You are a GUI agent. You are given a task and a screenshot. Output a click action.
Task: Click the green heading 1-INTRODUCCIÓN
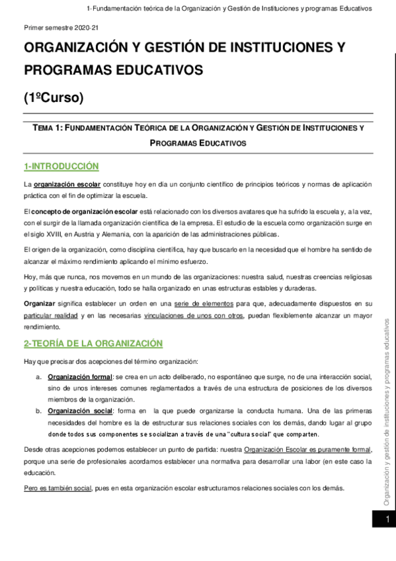(61, 166)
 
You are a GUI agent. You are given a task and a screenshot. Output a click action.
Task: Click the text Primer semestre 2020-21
(61, 29)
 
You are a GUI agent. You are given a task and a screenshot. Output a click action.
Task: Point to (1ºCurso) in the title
(54, 99)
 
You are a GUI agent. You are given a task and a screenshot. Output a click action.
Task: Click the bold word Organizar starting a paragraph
(40, 303)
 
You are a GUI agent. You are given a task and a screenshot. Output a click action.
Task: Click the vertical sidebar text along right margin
(387, 417)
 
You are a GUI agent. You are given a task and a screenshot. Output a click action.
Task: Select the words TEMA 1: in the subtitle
(42, 128)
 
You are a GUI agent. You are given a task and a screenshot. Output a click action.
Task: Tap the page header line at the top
(229, 9)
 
